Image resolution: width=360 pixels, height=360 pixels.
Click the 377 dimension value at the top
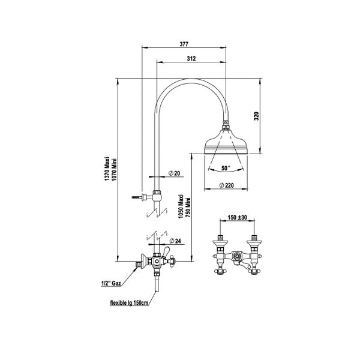point(184,43)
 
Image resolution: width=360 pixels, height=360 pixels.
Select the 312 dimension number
point(192,58)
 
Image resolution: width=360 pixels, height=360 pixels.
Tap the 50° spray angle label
point(225,169)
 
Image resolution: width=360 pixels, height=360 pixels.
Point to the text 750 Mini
point(190,209)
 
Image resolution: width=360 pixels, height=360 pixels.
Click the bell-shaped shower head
point(225,143)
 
